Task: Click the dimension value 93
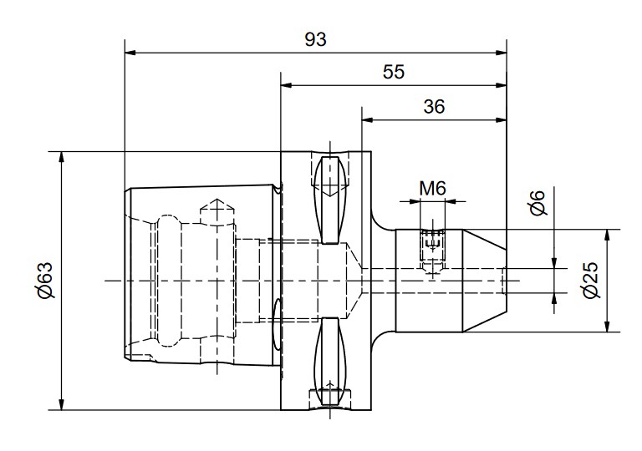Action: click(316, 40)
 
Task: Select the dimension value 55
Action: click(394, 72)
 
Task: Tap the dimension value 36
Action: click(434, 107)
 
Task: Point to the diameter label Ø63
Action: click(44, 281)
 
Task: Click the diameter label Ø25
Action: click(590, 281)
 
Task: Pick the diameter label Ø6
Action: click(538, 203)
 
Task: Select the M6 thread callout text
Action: click(432, 189)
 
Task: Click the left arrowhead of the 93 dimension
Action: click(130, 53)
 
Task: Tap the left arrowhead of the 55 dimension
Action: click(286, 85)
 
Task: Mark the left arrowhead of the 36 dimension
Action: click(367, 120)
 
